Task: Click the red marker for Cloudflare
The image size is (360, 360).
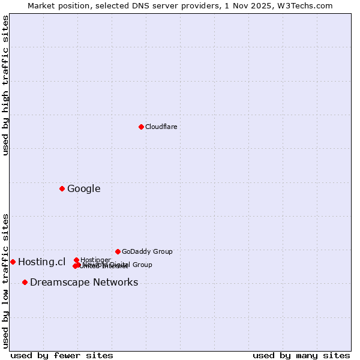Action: point(141,127)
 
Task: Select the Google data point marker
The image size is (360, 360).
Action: point(62,188)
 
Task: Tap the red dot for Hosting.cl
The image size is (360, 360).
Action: point(13,262)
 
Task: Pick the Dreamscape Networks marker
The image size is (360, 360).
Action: point(25,282)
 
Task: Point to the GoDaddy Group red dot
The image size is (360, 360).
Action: point(118,251)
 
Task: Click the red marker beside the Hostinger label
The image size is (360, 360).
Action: point(76,260)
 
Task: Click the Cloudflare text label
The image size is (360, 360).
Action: point(161,127)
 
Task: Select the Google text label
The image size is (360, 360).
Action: point(83,189)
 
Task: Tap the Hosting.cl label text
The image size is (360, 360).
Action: point(41,262)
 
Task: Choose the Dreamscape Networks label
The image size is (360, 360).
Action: point(84,283)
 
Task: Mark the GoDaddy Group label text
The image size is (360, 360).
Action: point(147,251)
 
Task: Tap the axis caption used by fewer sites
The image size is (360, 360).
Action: point(62,355)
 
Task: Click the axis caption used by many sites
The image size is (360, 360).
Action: point(301,355)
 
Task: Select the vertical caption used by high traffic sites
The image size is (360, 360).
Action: point(5,85)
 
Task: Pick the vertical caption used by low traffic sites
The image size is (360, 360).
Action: point(5,281)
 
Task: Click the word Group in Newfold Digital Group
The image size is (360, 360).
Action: point(142,265)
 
